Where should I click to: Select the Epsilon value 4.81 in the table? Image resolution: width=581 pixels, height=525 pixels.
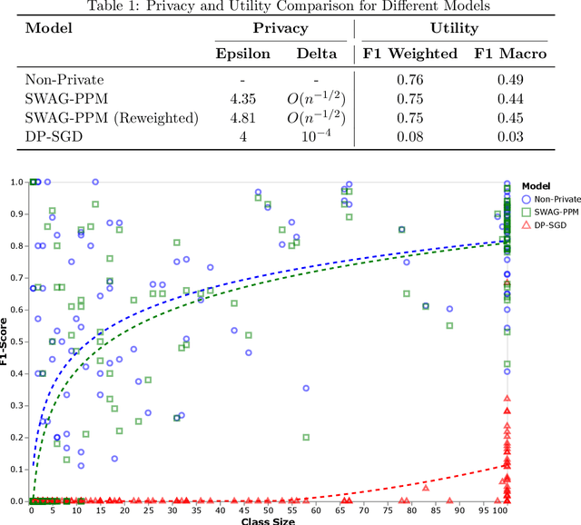click(242, 117)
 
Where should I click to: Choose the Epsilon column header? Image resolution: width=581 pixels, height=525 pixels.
click(242, 53)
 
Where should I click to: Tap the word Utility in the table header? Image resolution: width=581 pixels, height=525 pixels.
click(455, 28)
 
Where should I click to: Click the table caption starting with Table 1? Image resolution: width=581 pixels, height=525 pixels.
click(290, 7)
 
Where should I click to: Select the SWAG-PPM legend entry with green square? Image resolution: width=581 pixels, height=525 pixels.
click(549, 212)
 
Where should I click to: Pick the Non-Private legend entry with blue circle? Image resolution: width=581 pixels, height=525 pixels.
click(549, 199)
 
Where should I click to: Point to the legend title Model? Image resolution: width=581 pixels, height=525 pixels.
click(537, 185)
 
